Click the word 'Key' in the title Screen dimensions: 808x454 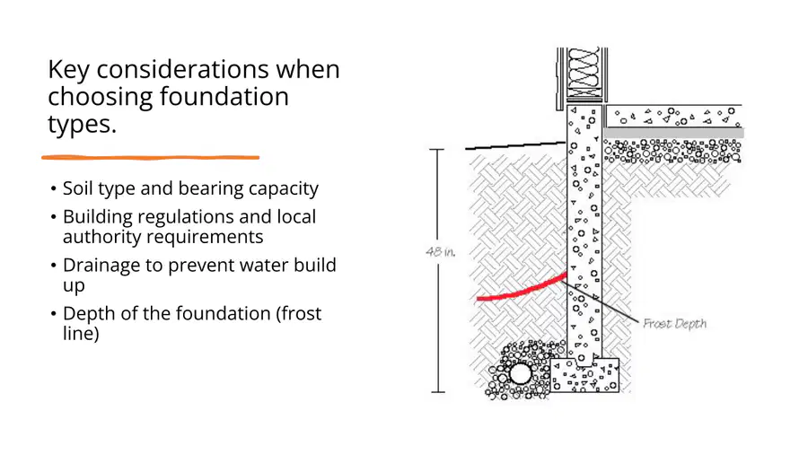tap(68, 70)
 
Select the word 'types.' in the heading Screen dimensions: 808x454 tap(82, 125)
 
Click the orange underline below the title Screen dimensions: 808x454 tap(151, 158)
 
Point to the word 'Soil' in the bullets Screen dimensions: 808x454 tap(77, 188)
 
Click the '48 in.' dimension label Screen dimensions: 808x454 tap(441, 252)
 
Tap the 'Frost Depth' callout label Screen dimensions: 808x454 tap(674, 323)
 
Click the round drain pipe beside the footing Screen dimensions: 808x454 tap(521, 374)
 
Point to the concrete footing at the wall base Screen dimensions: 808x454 tap(584, 375)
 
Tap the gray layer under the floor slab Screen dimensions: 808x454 tap(673, 133)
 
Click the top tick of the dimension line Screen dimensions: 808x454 tap(437, 149)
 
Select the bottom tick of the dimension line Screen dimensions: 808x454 tap(438, 392)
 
